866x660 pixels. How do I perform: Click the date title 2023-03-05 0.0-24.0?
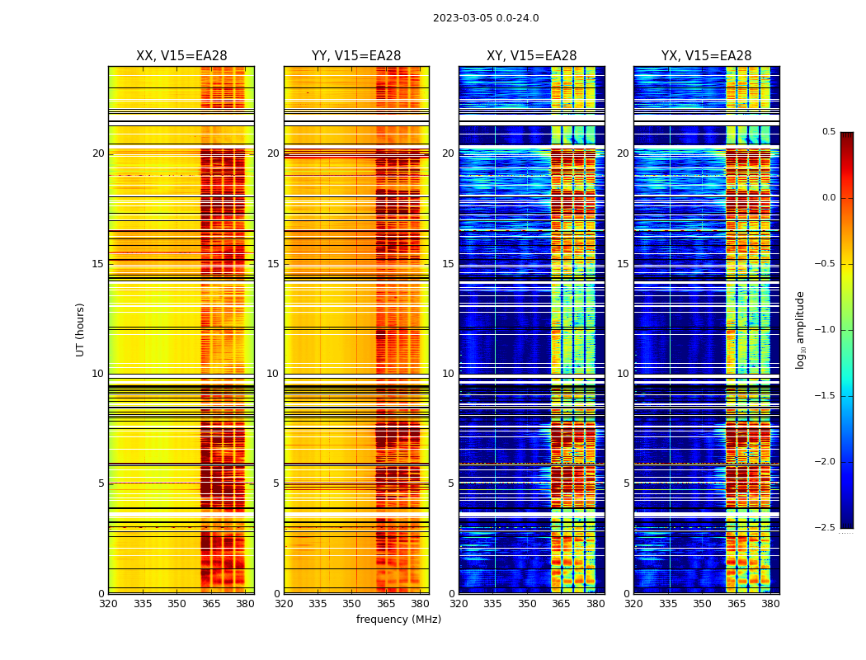pos(486,18)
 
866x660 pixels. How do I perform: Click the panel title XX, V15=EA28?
pos(181,56)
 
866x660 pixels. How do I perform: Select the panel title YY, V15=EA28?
pos(356,56)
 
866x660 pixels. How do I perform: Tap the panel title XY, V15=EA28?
pos(531,56)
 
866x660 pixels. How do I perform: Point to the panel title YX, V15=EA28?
pos(706,56)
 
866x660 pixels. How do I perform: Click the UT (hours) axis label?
pos(80,329)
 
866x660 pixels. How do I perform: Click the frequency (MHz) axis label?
pos(398,620)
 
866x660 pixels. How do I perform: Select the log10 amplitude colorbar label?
pos(799,330)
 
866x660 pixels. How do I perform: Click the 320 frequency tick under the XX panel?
pos(108,604)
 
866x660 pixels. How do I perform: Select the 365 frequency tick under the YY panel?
pos(386,604)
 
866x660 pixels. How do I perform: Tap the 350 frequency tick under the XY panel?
pos(527,604)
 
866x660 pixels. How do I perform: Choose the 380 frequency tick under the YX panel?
pos(770,604)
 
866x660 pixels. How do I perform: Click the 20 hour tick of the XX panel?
pos(98,153)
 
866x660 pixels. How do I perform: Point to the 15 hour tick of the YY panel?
pos(273,264)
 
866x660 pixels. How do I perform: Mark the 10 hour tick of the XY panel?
pos(448,374)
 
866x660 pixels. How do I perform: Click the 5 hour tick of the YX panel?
pos(626,483)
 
